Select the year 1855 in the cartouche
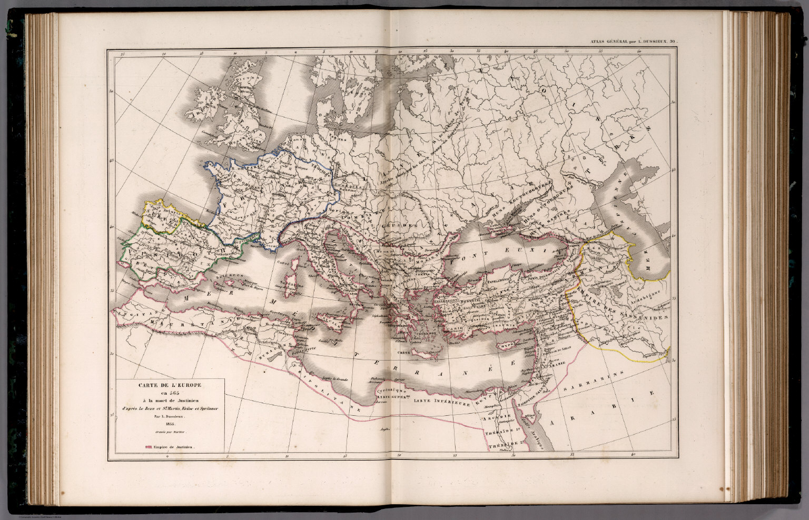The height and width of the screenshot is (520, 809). tap(169, 424)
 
